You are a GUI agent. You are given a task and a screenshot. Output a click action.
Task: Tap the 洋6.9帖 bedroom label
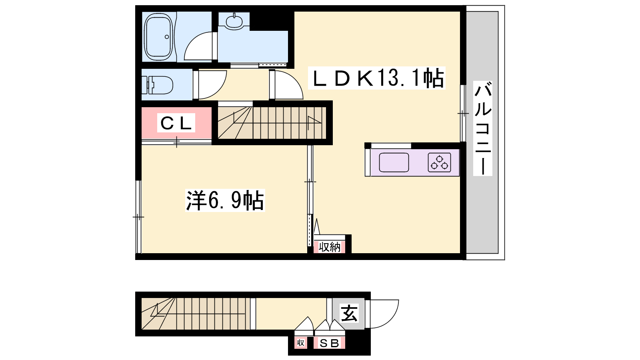pos(225,200)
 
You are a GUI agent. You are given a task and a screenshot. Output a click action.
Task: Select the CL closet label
pos(176,123)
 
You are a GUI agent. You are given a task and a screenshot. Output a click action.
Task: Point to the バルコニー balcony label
pos(483,128)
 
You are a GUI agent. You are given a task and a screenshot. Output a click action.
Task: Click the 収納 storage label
pos(330,247)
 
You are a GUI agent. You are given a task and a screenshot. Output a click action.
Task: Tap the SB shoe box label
pos(330,343)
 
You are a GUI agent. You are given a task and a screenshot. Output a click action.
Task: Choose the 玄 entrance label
pos(349,313)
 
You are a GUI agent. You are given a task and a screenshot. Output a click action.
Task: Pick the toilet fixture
pos(157,85)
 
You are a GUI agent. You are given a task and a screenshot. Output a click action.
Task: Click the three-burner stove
pos(440,162)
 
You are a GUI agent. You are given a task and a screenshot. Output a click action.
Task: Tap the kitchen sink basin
pos(394,162)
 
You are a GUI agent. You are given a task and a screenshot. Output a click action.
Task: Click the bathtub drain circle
pos(167,36)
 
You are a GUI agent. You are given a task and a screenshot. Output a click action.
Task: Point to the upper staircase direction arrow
pos(314,122)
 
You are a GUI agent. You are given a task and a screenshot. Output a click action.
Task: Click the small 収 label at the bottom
pos(300,342)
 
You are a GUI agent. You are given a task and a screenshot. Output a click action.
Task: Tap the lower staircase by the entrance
pos(194,314)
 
